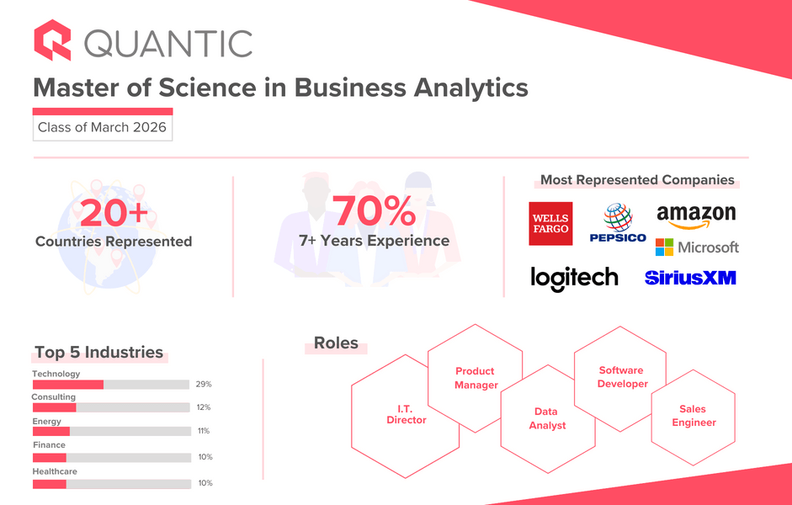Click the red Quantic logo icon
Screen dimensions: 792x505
[52, 40]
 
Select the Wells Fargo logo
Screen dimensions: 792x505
[550, 224]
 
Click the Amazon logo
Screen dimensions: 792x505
[696, 216]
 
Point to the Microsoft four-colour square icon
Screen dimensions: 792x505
[664, 247]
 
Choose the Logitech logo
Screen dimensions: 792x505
[574, 279]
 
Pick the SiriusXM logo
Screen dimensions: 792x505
[690, 278]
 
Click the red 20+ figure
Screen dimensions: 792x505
[114, 213]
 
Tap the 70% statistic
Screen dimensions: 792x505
[375, 210]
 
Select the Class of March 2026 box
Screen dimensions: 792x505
[103, 128]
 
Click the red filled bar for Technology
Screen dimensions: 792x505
[68, 385]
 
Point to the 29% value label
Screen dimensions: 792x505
[204, 385]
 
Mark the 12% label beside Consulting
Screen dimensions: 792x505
[204, 407]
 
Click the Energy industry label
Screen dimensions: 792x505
[46, 421]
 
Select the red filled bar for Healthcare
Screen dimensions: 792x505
[50, 484]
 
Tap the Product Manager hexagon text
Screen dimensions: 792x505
[476, 378]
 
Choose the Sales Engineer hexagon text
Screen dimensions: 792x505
[694, 416]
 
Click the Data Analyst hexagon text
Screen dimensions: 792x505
[547, 418]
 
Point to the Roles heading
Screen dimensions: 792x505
[336, 343]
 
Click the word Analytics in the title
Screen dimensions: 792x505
[470, 88]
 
